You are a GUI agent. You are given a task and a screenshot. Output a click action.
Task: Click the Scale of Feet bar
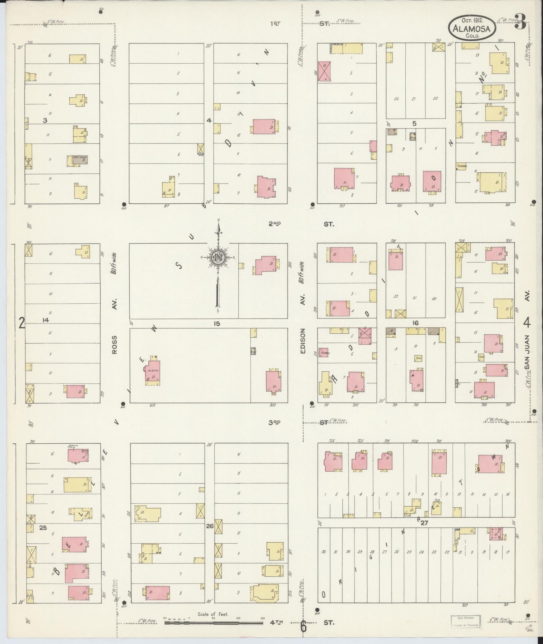[x=214, y=623]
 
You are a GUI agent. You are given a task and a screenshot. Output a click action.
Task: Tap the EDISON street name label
[x=303, y=341]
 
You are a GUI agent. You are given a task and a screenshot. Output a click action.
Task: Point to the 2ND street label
[x=275, y=224]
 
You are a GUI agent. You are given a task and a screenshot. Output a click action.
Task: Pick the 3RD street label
[x=275, y=422]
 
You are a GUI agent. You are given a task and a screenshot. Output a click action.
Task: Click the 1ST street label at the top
[x=275, y=24]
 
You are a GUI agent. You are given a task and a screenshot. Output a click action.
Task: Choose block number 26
[x=210, y=535]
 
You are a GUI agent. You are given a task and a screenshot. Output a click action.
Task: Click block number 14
[x=45, y=320]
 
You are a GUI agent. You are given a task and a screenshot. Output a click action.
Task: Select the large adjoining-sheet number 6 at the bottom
[x=303, y=627]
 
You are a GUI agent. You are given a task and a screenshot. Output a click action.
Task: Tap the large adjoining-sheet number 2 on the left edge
[x=22, y=324]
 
